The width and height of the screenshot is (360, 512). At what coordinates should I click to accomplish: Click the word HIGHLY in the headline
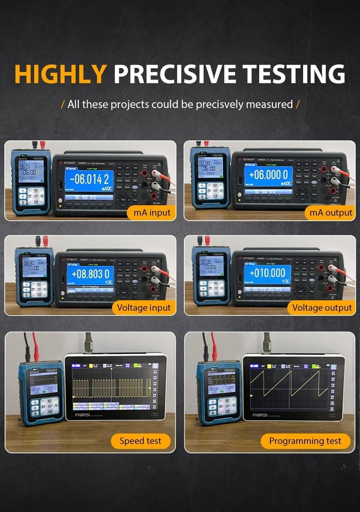tap(61, 74)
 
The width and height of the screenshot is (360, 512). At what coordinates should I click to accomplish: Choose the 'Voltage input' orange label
tap(142, 307)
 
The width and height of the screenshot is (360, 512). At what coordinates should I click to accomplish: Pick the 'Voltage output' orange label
tap(322, 307)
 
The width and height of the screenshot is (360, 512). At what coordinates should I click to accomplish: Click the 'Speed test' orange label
tap(140, 441)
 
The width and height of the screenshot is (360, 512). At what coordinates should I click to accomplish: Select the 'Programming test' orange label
tap(305, 441)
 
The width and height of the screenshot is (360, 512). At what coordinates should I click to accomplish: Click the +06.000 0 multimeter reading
tap(269, 175)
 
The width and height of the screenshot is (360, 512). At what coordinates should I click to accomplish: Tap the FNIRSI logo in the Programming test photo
tap(265, 414)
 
